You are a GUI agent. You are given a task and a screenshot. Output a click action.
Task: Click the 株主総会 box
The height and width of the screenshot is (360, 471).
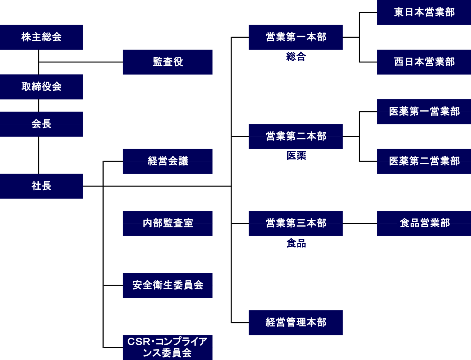(41, 37)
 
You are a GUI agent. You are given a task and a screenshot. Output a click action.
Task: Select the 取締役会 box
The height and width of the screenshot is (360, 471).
(41, 87)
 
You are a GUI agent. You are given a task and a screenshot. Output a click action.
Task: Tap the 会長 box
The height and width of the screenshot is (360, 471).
(41, 124)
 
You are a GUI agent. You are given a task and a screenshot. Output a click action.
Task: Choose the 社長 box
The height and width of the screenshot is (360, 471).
(41, 186)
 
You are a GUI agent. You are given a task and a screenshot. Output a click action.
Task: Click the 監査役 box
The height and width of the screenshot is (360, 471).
(168, 62)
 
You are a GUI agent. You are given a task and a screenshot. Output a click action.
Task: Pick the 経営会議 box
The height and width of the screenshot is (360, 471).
(168, 161)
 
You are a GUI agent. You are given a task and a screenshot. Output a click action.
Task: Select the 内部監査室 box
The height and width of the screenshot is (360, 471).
(168, 223)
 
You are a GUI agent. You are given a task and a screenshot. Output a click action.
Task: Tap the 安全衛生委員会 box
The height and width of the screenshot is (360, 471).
(168, 285)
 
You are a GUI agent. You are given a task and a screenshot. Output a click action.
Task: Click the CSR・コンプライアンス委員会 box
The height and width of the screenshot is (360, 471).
(168, 347)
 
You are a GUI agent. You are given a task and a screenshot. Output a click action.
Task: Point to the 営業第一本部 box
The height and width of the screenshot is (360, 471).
(296, 37)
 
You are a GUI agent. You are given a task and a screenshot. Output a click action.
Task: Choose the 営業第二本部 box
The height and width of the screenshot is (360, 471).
(296, 137)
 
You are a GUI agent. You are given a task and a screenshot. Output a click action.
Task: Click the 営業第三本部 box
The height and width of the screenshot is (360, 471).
(296, 223)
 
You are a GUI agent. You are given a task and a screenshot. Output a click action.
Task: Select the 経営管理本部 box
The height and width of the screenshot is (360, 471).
(296, 323)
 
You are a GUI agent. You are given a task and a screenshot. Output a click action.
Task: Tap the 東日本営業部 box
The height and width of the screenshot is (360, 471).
(424, 13)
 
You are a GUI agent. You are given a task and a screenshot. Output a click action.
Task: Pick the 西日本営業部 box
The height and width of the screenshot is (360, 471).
(424, 62)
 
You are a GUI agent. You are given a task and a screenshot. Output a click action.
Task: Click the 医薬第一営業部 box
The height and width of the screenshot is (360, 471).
(424, 112)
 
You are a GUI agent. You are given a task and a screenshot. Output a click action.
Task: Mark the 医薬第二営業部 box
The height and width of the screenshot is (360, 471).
(424, 161)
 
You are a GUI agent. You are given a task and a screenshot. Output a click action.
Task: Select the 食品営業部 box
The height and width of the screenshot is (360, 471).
(424, 223)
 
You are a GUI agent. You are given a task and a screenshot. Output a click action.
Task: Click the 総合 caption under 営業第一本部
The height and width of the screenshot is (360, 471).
(296, 57)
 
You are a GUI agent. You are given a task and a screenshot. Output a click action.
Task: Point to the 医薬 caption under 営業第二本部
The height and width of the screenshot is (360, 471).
(296, 155)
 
